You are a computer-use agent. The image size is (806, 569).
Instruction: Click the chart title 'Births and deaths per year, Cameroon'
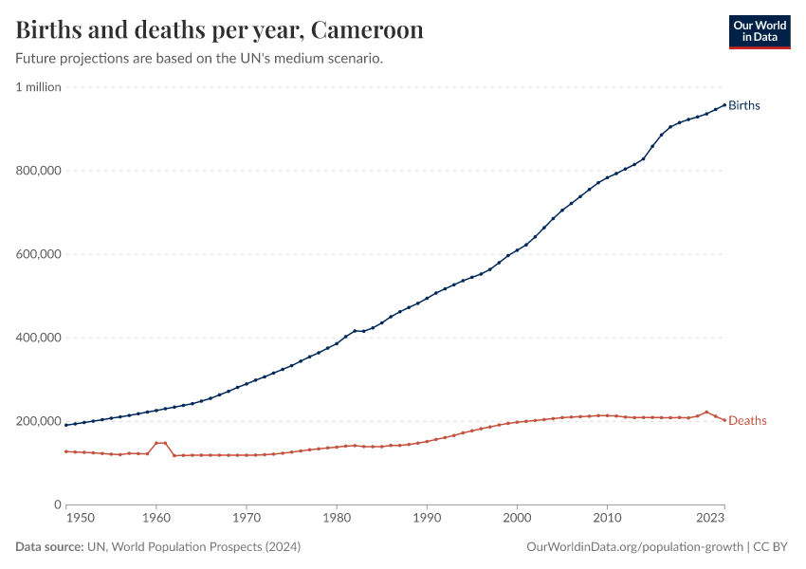pos(219,30)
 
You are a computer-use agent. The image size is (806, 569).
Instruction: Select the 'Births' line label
pos(744,105)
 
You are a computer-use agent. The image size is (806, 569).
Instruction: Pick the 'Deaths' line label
pos(747,421)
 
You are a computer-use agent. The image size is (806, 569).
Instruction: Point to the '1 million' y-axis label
pos(38,87)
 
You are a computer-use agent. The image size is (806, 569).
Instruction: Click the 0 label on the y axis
pos(57,505)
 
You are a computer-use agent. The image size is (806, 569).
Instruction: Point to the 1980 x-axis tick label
pos(337,519)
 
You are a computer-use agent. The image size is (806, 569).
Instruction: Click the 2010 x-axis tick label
pos(607,519)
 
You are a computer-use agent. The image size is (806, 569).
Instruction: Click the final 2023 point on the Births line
pos(724,104)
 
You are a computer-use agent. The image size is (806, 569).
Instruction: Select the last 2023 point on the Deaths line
pos(724,421)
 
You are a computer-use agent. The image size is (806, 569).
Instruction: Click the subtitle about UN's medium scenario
pos(199,59)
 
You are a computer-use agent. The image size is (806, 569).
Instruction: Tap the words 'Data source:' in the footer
pos(49,547)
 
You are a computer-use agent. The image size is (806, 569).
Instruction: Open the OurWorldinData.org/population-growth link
pos(633,547)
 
